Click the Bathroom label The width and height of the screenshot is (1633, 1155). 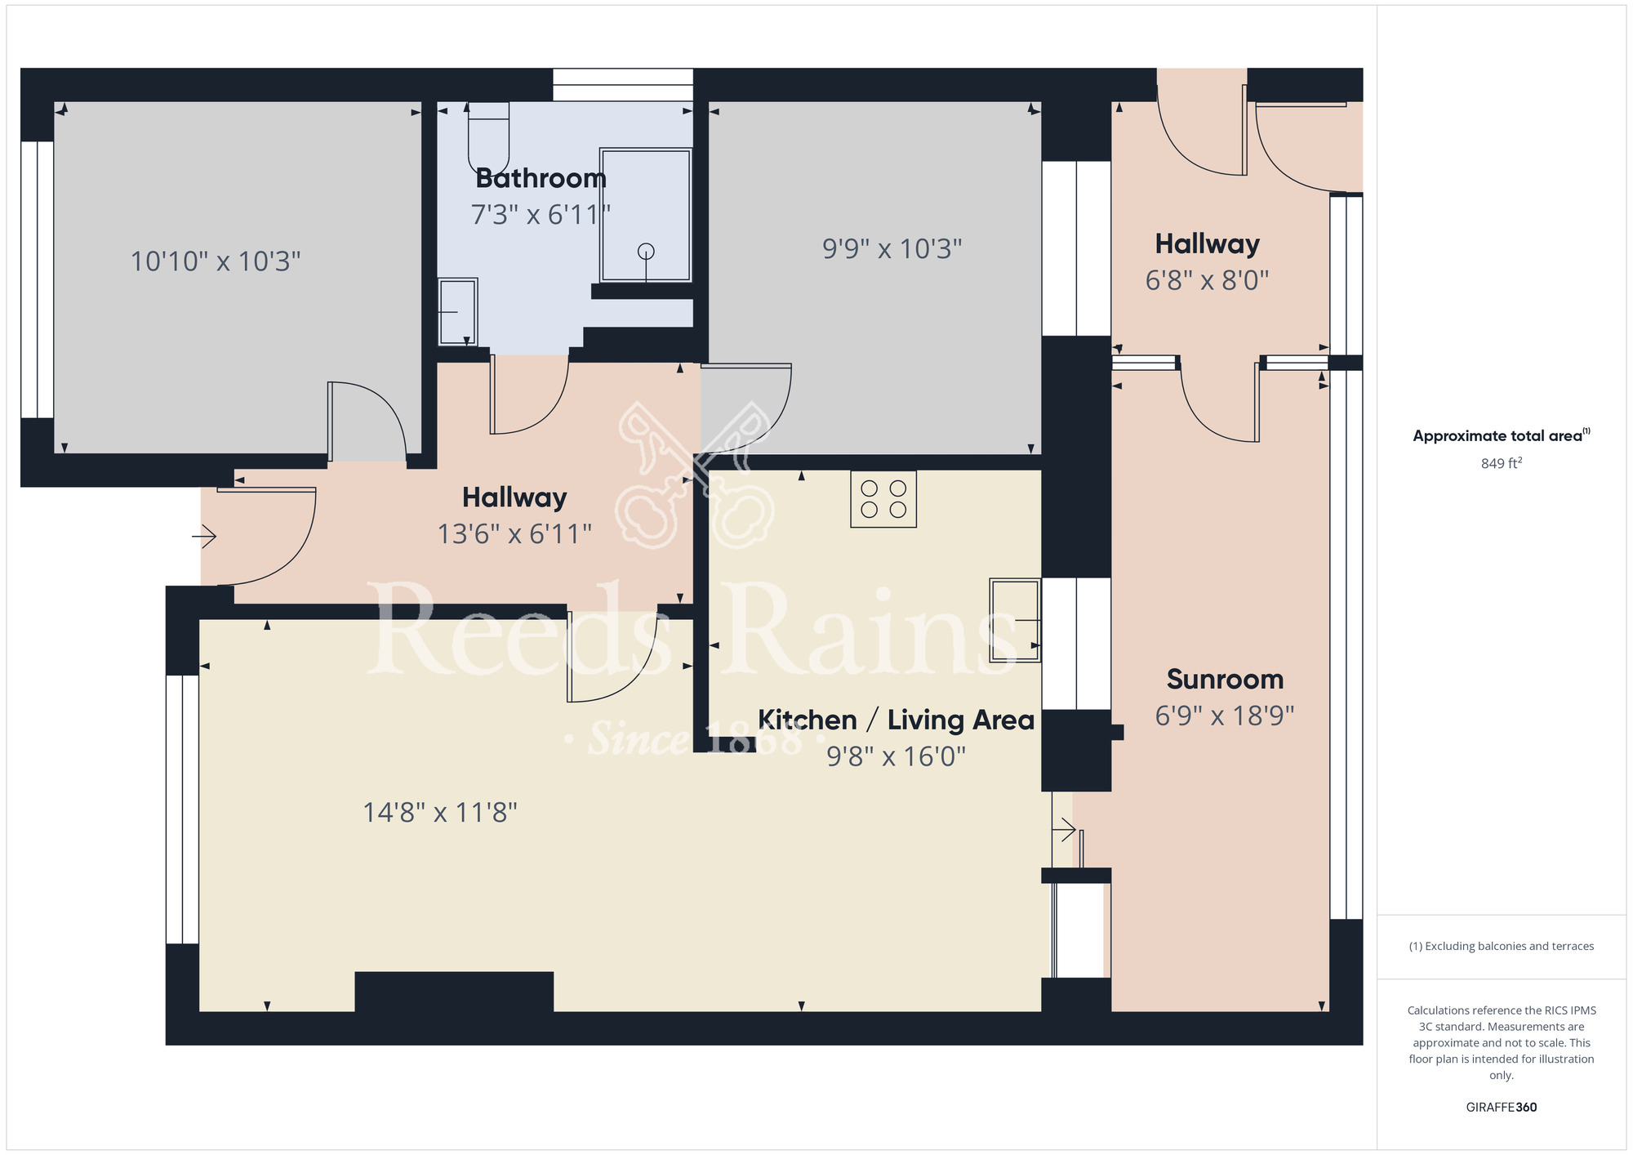541,178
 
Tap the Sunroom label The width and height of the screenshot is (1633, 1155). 1225,679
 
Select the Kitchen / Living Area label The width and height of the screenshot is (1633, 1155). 896,720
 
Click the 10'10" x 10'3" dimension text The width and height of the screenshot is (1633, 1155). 216,261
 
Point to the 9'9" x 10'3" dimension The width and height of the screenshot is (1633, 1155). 892,248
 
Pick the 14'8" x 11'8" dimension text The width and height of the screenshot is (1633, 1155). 440,812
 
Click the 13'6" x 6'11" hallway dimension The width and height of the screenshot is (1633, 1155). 514,534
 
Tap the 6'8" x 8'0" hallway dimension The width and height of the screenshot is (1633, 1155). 1207,280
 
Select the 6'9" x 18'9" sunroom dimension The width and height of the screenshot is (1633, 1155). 1225,716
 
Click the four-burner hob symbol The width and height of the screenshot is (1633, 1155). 883,499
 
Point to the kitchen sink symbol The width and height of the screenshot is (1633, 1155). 1015,620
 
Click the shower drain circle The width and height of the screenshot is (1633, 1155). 646,251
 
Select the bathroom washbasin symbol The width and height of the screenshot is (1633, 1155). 457,311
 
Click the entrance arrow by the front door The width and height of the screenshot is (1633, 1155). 204,537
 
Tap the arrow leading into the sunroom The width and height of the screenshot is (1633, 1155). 1064,831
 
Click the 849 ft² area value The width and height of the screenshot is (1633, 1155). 1501,463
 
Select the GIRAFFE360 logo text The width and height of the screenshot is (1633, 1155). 1501,1108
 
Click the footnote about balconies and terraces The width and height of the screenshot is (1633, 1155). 1501,946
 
